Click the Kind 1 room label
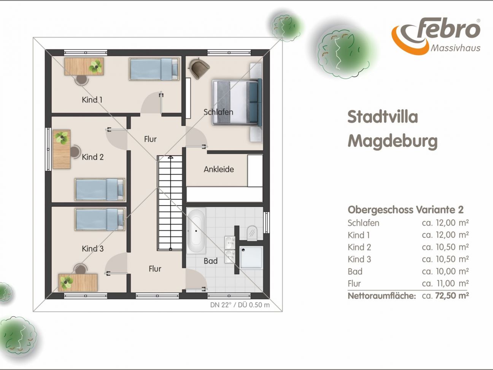tap(92, 100)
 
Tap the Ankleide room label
tap(219, 169)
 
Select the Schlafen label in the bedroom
tap(218, 112)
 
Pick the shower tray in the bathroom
tap(251, 257)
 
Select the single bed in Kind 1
tap(154, 69)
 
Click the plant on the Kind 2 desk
tap(61, 137)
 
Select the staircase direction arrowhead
tap(170, 157)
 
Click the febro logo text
tap(448, 29)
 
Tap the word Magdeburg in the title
tap(393, 142)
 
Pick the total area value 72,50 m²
tap(452, 295)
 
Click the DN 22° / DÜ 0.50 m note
tap(240, 305)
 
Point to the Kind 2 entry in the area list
tap(359, 247)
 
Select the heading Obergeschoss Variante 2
tap(406, 210)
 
